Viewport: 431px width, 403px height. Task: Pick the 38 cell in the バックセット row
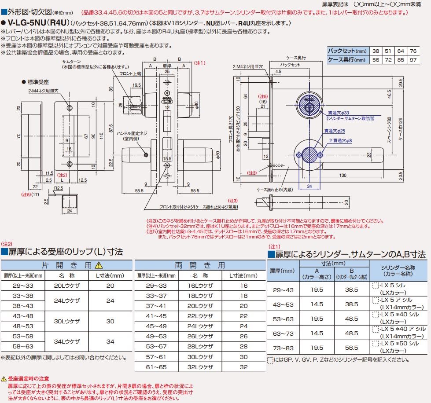376,51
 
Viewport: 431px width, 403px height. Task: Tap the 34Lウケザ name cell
66,341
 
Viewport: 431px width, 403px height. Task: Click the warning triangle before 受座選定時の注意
4,378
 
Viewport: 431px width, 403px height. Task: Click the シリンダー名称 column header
398,271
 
